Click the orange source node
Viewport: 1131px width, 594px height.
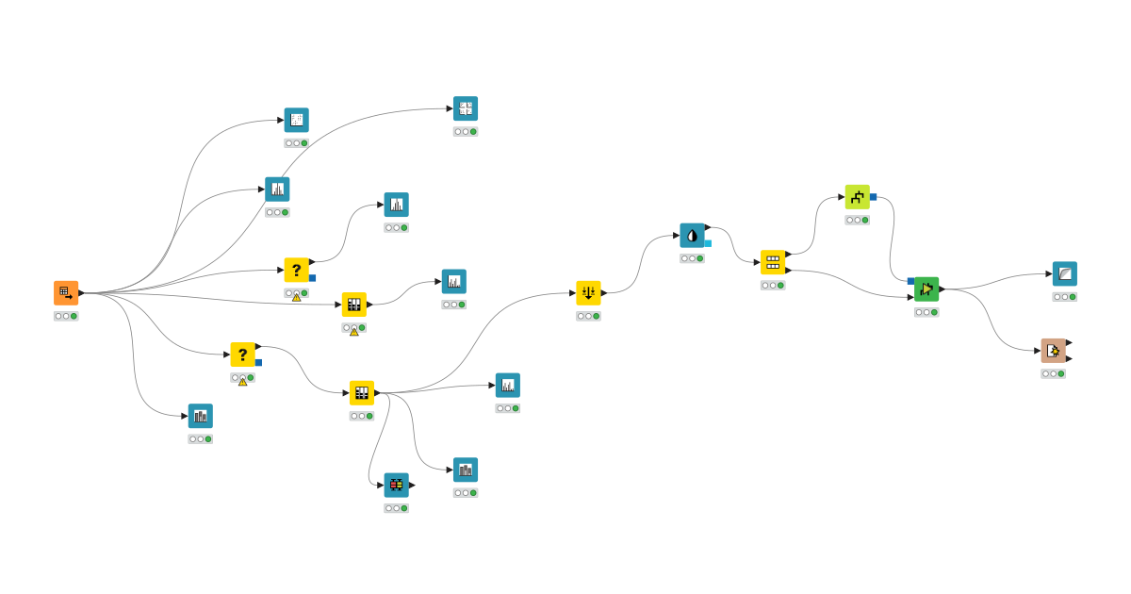tap(66, 293)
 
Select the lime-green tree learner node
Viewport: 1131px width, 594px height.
tap(857, 197)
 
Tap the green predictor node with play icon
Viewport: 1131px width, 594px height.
tap(926, 289)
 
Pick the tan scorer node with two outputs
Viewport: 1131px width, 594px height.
tap(1054, 351)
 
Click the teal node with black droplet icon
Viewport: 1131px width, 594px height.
tap(692, 236)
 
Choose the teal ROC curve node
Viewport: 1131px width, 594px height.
tap(1065, 274)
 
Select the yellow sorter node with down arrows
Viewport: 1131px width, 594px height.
tap(588, 293)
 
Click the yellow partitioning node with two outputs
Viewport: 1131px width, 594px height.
tap(773, 262)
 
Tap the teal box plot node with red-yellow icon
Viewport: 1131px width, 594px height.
tap(396, 485)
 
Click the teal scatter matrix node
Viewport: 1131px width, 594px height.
tap(466, 108)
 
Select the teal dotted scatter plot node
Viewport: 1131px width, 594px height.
tap(297, 120)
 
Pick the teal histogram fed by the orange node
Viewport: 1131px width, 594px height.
tap(277, 190)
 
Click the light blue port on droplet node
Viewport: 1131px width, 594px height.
tap(708, 243)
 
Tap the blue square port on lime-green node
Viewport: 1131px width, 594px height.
tap(874, 197)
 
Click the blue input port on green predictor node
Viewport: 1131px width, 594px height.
tap(911, 281)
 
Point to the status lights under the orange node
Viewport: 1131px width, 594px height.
tap(66, 317)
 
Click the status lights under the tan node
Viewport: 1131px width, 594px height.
tap(1054, 374)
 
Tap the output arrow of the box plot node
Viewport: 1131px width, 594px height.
tap(412, 485)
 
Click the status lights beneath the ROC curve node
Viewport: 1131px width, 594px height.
tap(1065, 297)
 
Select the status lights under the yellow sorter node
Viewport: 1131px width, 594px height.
tap(588, 317)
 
